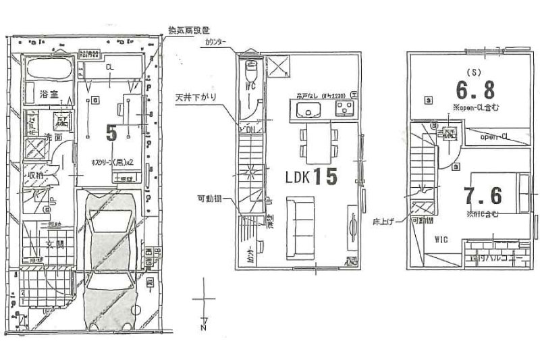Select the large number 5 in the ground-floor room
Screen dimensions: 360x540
pyautogui.click(x=112, y=132)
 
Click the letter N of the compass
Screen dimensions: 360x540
pyautogui.click(x=203, y=329)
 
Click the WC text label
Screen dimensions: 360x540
pyautogui.click(x=250, y=87)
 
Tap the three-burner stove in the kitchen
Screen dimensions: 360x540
pyautogui.click(x=345, y=109)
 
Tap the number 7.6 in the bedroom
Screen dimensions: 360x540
pyautogui.click(x=483, y=196)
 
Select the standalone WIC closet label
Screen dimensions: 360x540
pyautogui.click(x=442, y=238)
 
